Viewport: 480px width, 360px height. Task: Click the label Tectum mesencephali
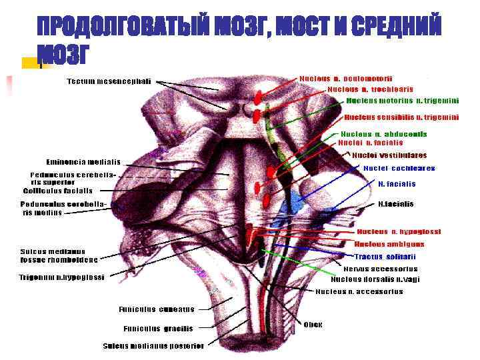(109, 82)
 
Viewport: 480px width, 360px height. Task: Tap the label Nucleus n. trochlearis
(370, 89)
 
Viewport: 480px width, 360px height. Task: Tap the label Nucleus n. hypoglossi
(399, 232)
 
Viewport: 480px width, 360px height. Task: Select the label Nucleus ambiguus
(389, 244)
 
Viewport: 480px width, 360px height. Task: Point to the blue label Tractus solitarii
(385, 256)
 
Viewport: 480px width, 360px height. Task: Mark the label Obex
(313, 325)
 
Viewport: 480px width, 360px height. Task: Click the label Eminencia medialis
(83, 161)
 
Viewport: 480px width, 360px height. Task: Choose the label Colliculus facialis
(58, 190)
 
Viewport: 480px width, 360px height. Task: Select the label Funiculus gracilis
(158, 328)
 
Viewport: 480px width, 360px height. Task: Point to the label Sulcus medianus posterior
(153, 345)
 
